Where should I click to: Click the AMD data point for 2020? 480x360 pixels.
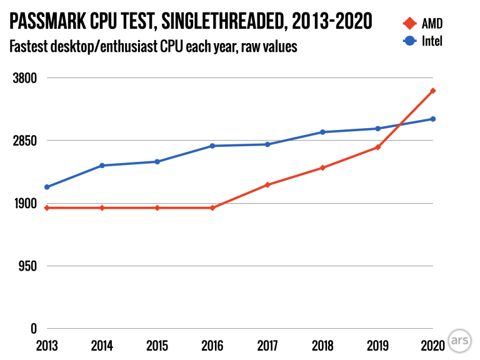point(432,91)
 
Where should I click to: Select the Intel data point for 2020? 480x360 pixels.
point(432,119)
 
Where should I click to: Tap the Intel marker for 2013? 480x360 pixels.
point(47,187)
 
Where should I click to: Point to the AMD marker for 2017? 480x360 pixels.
point(267,185)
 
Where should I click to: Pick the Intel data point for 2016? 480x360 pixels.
point(212,146)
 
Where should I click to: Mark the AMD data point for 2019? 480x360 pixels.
point(377,147)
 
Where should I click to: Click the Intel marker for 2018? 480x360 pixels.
point(322,132)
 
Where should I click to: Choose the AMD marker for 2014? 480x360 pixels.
point(102,207)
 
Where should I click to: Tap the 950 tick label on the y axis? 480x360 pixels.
point(28,266)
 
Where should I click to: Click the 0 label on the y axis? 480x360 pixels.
point(34,328)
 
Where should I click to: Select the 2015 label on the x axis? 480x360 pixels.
point(157,344)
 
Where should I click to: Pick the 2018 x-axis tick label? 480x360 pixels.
point(322,344)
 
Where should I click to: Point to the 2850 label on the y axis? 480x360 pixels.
point(25,141)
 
